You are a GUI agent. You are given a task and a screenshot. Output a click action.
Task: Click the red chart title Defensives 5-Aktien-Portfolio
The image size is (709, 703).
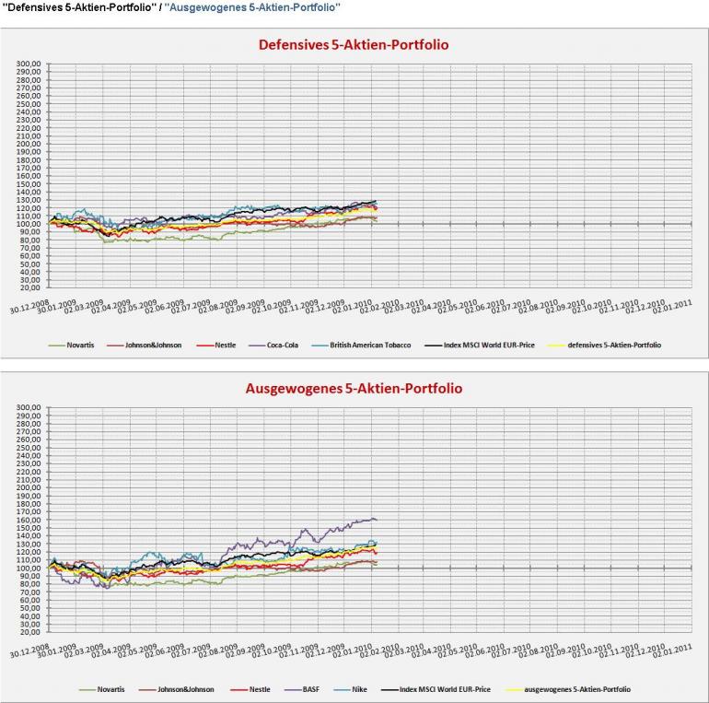[x=354, y=44]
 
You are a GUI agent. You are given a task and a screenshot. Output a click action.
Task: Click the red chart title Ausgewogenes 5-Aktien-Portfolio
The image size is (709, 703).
[x=354, y=388]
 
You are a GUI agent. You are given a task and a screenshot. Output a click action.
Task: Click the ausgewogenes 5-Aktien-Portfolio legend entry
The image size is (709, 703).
[x=577, y=688]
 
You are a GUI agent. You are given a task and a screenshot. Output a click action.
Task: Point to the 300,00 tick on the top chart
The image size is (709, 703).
[x=29, y=64]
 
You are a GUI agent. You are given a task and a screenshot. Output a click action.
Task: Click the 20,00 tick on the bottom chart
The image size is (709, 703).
[x=29, y=632]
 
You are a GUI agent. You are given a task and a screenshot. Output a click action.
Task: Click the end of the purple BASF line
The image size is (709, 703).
[x=376, y=520]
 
